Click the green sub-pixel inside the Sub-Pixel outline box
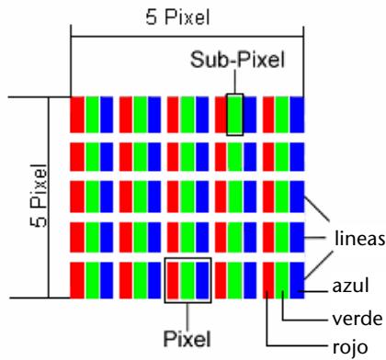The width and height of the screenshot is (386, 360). (235, 114)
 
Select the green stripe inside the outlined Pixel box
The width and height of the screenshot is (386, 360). (187, 280)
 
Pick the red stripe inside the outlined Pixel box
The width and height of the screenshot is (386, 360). (173, 280)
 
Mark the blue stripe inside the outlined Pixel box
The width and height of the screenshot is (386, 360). (202, 280)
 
